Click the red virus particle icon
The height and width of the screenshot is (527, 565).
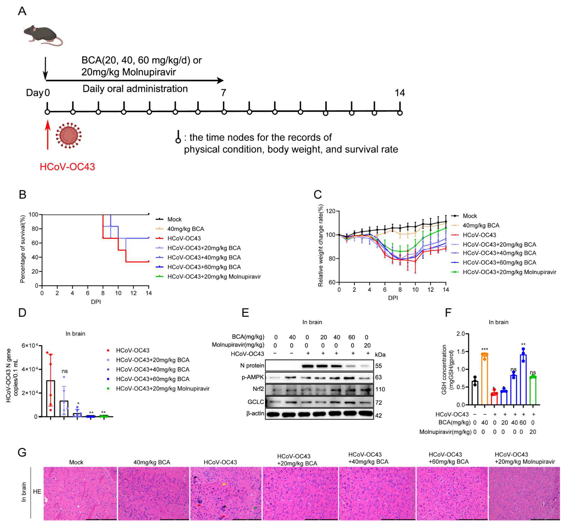point(69,135)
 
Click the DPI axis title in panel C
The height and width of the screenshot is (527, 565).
point(393,298)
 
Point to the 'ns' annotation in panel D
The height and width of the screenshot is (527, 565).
point(64,371)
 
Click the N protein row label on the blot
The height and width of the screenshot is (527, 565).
point(252,365)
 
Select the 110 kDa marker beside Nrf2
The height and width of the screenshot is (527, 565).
point(380,389)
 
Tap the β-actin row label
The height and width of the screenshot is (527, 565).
point(255,413)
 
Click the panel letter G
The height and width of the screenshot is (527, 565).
point(22,452)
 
